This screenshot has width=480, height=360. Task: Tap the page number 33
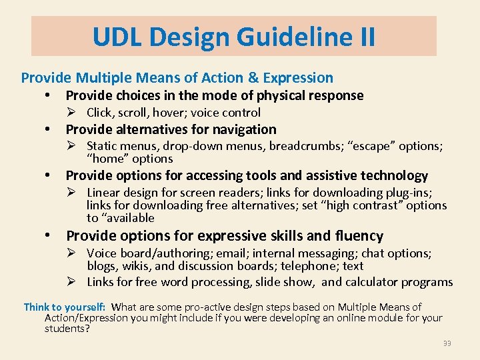pos(447,343)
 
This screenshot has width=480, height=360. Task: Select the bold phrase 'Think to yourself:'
pos(64,307)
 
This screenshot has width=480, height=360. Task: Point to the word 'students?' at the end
pos(67,329)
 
